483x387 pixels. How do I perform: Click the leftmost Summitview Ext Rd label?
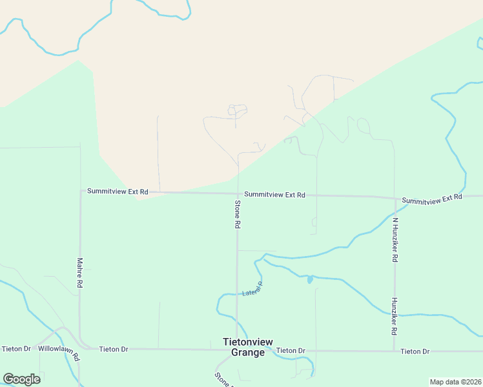click(x=118, y=192)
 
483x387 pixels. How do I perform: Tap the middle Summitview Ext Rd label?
click(x=274, y=194)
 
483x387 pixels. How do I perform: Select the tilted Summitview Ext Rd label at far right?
click(x=432, y=199)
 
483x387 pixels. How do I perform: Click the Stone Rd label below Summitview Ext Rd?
click(x=238, y=215)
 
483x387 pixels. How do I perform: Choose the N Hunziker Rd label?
click(x=395, y=239)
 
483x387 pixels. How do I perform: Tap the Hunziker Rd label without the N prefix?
click(x=393, y=316)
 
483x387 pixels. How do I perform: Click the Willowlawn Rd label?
click(x=58, y=352)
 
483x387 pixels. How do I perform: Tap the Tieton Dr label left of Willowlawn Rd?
click(x=16, y=349)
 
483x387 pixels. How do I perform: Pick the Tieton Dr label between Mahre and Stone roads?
click(x=114, y=349)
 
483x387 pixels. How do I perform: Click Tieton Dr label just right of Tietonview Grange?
click(x=290, y=350)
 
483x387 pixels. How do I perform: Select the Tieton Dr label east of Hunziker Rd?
click(x=415, y=351)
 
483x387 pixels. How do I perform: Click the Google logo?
click(x=21, y=379)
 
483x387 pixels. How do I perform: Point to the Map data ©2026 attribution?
click(x=455, y=382)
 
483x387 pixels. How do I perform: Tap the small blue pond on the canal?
click(x=310, y=279)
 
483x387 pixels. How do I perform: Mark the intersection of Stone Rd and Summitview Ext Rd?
click(x=238, y=193)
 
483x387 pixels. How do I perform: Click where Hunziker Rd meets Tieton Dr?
click(x=394, y=351)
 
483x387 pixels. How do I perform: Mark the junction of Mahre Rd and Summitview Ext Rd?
click(x=80, y=192)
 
